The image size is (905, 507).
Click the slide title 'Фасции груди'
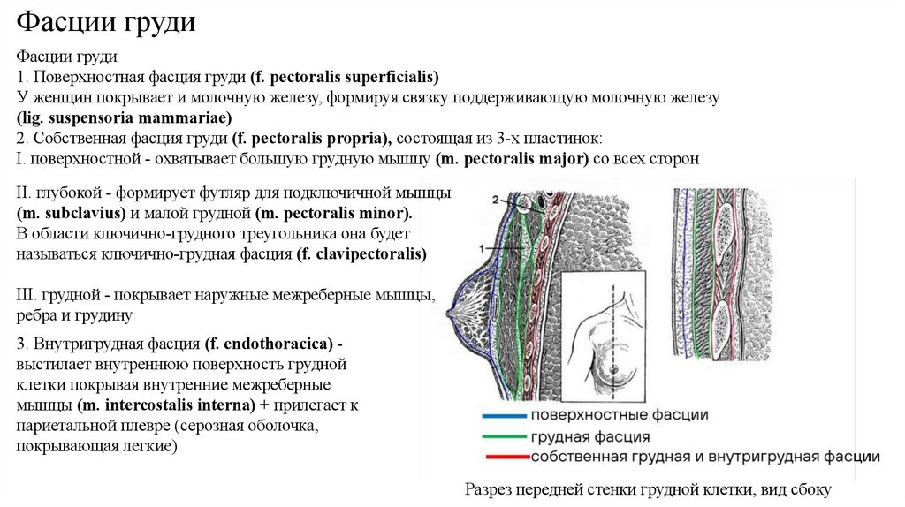pos(106,23)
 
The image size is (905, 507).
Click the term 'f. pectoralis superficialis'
pos(345,77)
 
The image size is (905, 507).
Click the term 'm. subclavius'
pos(72,214)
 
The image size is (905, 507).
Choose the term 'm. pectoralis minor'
pos(334,214)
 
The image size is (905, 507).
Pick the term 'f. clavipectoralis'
pos(361,254)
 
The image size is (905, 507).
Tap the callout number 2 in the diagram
pos(498,198)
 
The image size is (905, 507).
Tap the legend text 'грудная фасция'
pos(590,436)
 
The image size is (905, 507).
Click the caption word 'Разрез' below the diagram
pos(491,488)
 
